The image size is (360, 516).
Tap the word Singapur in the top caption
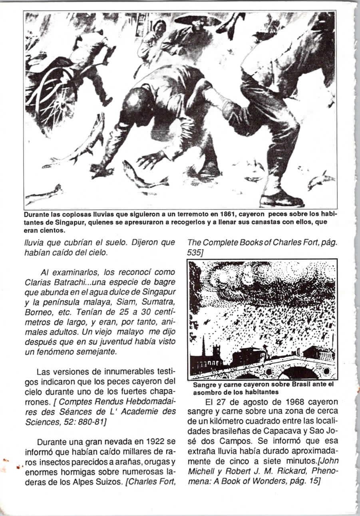[62, 222]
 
